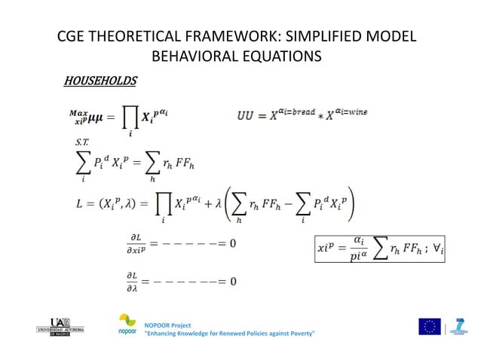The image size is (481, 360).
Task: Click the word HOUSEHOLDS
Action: pyautogui.click(x=100, y=81)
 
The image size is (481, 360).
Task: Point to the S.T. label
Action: pyautogui.click(x=81, y=142)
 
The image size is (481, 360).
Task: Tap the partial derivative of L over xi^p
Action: pyautogui.click(x=136, y=243)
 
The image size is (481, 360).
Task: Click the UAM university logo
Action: pyautogui.click(x=60, y=325)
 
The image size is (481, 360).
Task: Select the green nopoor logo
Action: pyautogui.click(x=127, y=322)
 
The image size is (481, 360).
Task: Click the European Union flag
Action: pyautogui.click(x=430, y=326)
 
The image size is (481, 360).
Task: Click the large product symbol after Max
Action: pyautogui.click(x=130, y=119)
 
